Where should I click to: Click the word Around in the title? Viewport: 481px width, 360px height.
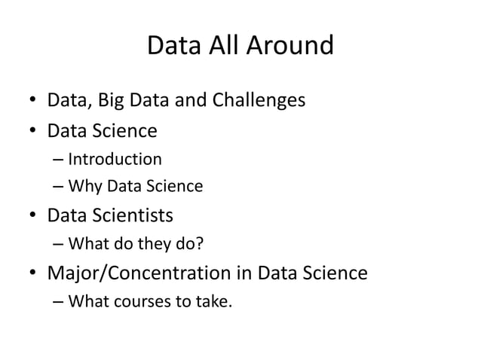pyautogui.click(x=295, y=46)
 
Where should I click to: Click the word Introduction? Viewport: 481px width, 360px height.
pyautogui.click(x=115, y=159)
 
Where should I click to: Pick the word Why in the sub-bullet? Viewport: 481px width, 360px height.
pyautogui.click(x=81, y=186)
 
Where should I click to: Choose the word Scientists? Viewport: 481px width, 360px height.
pyautogui.click(x=133, y=216)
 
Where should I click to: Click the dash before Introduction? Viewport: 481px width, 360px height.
pyautogui.click(x=59, y=160)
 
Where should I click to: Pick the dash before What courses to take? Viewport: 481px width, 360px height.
pyautogui.click(x=59, y=302)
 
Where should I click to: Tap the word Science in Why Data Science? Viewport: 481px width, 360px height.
pyautogui.click(x=176, y=186)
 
